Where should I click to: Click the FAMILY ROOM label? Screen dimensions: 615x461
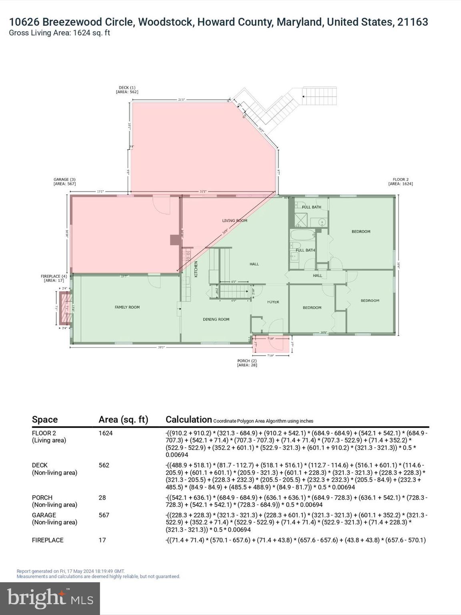pos(127,307)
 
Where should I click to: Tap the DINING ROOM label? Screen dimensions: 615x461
pos(216,319)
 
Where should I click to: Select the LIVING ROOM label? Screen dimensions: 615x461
pos(235,221)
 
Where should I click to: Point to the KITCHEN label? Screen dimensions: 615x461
pos(196,269)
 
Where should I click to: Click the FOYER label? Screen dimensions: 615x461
pos(273,302)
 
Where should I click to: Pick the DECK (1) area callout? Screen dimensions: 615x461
pos(127,90)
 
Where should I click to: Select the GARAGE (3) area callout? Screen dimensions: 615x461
pos(64,182)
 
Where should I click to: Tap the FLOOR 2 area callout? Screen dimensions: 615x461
pos(401,182)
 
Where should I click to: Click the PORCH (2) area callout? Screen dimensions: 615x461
pos(247,363)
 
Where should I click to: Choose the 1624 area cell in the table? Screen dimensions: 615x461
pos(106,433)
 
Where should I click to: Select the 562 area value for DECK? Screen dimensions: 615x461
pos(104,465)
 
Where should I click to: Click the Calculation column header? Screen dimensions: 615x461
pos(188,419)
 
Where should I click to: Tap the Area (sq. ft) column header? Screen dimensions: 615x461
pos(123,419)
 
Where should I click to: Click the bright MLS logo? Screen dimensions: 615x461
pos(50,599)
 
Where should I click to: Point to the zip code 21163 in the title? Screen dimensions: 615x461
pos(413,22)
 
